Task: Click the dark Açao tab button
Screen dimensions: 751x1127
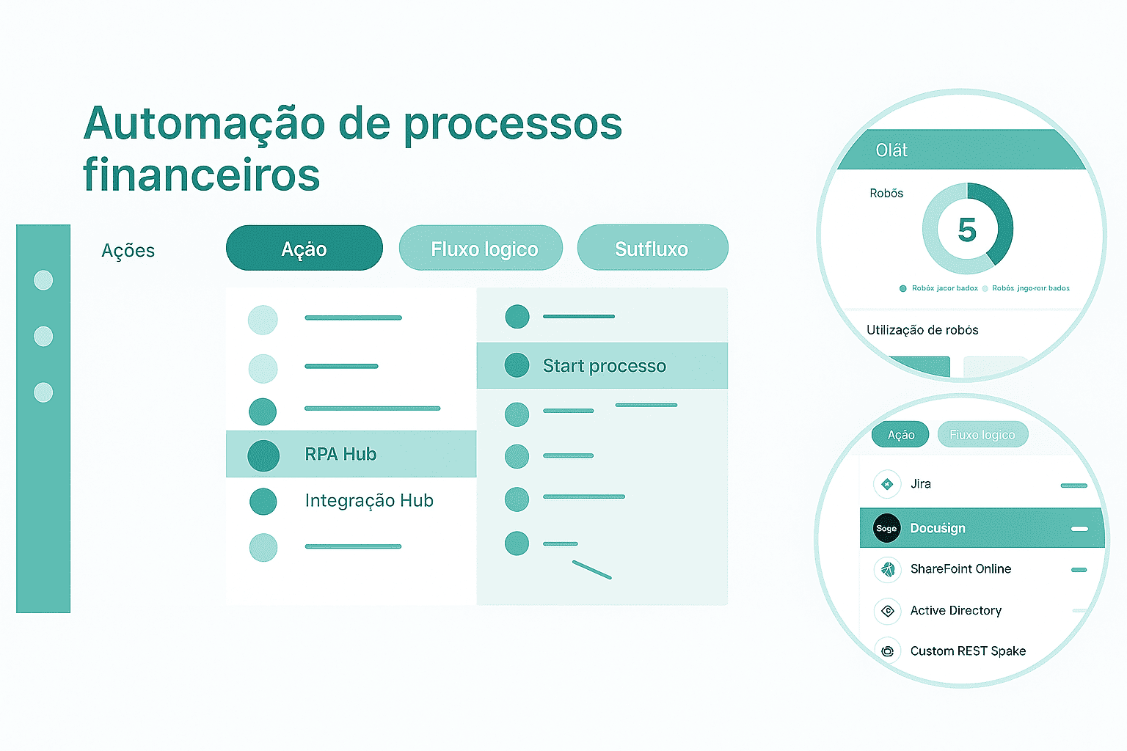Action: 304,249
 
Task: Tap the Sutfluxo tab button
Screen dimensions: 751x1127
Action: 652,249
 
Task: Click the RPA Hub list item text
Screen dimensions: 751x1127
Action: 340,455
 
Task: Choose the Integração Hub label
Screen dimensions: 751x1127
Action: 369,501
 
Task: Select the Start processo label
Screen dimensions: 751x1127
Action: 604,366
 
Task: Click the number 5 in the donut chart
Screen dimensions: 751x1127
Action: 967,230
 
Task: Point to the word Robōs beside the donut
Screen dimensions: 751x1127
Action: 886,194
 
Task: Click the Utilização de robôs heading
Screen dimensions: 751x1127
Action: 922,330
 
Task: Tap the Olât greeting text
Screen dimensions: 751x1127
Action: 891,150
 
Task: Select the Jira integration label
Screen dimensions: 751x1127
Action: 921,484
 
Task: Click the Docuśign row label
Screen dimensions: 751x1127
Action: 938,528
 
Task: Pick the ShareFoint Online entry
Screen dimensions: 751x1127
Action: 960,569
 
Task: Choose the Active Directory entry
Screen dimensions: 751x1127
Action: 955,611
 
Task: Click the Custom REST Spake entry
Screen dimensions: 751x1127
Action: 968,651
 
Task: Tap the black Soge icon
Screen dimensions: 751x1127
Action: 886,528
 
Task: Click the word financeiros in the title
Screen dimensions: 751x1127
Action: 202,175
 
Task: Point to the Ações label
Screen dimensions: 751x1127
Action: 128,251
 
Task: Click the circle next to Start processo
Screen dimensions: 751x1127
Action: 517,365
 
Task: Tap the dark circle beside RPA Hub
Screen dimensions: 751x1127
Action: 263,455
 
